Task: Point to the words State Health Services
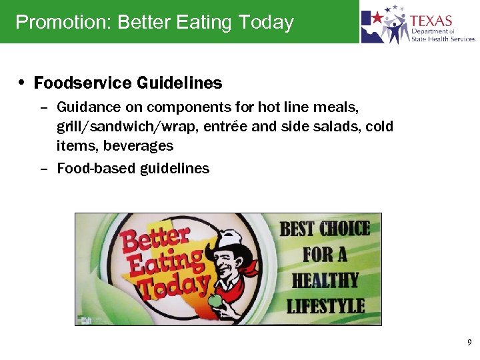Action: [x=443, y=39]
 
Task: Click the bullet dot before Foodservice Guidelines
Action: [x=23, y=83]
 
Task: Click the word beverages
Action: [x=138, y=145]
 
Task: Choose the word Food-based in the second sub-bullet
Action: [x=96, y=169]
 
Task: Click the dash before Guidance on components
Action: [x=44, y=107]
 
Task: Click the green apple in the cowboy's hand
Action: [x=215, y=302]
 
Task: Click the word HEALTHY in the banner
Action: [x=325, y=280]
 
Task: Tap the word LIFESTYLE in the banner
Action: [x=325, y=306]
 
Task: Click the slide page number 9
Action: [x=469, y=343]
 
